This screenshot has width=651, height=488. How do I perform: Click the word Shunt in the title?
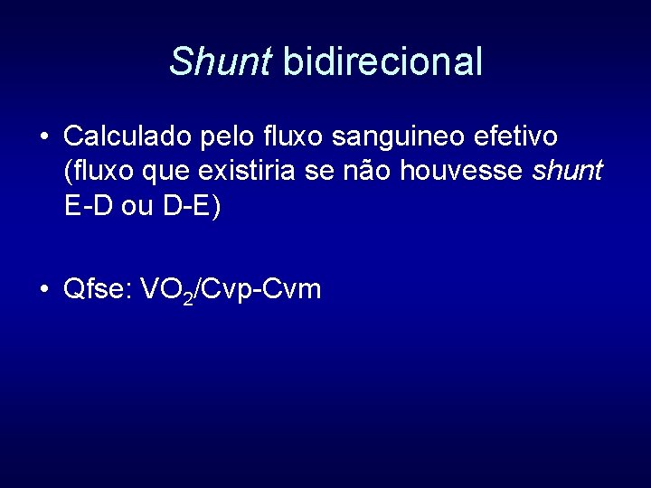coord(220,61)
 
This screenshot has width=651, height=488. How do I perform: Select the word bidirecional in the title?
coord(382,61)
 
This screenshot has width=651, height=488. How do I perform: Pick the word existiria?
coord(249,172)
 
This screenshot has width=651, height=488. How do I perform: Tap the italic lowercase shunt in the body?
coord(568,172)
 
